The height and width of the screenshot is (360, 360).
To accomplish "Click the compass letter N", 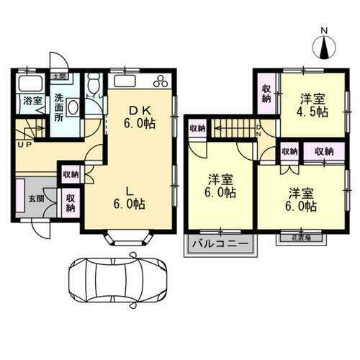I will [x=324, y=31].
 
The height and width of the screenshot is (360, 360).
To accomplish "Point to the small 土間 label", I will [x=58, y=76].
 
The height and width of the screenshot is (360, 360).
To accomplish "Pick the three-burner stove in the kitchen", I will [x=162, y=80].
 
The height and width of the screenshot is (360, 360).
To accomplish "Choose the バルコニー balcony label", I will [x=221, y=244].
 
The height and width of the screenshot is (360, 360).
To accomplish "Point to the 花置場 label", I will [x=296, y=236].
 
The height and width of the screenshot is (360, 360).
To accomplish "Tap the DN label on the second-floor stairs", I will [x=258, y=130].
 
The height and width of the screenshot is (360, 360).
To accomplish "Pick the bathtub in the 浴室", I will [x=29, y=81].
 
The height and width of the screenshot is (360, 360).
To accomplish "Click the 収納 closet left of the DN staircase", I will [x=197, y=128].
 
